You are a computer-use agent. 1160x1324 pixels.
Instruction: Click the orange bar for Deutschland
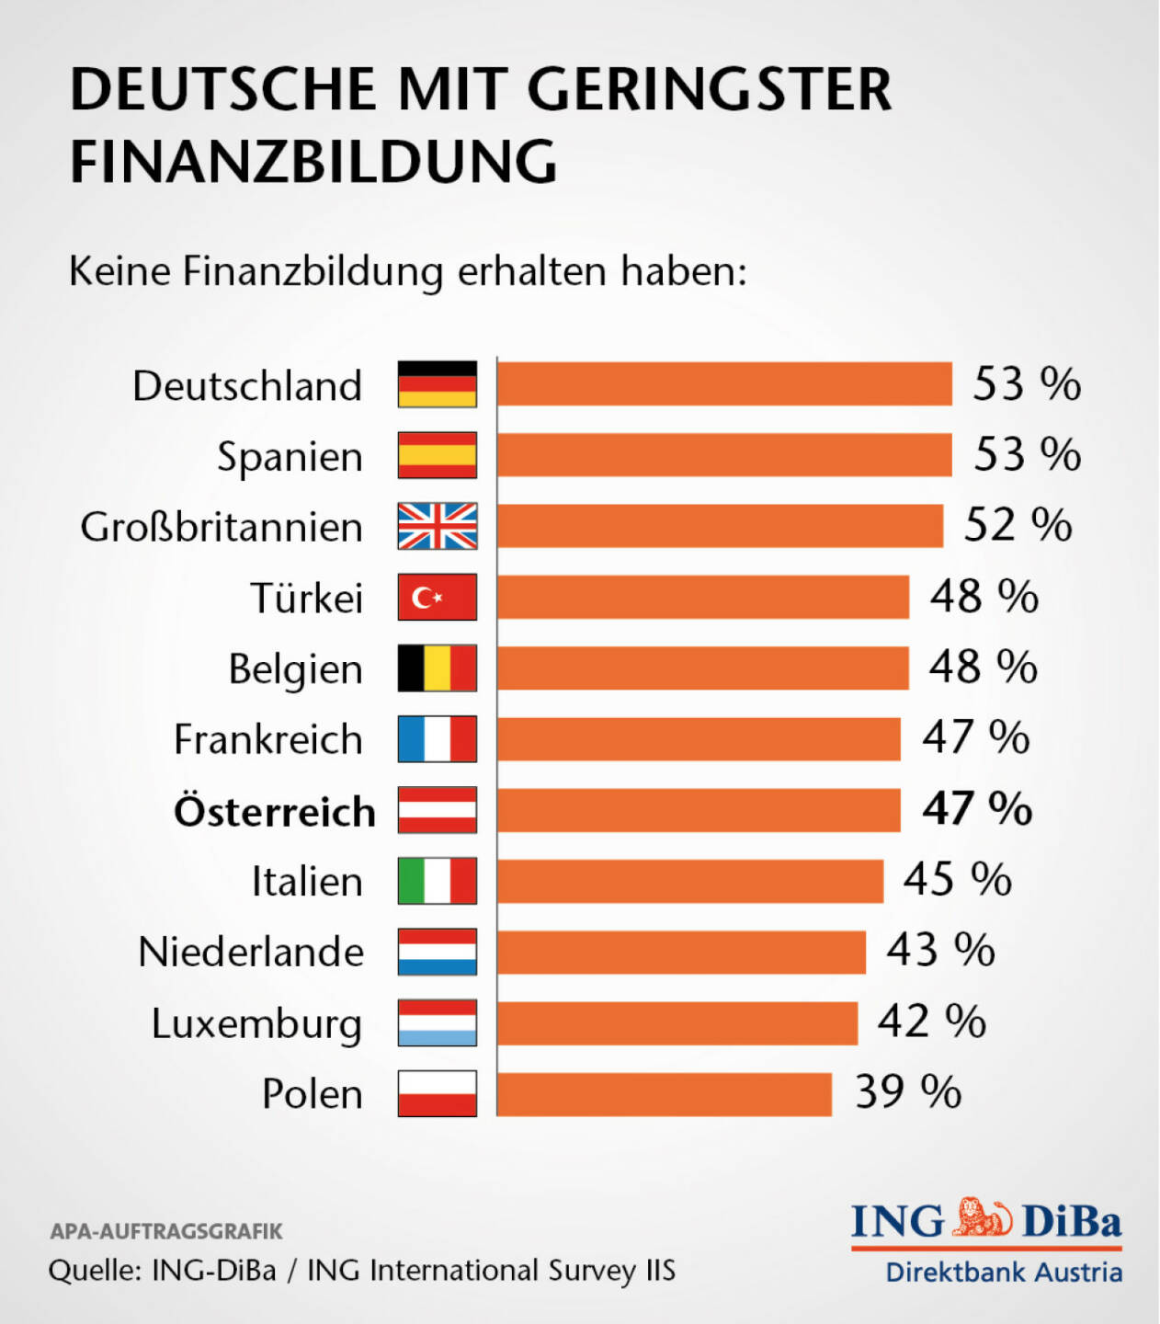click(x=724, y=384)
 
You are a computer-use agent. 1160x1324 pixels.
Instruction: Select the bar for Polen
click(x=664, y=1094)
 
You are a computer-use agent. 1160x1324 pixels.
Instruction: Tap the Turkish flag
click(x=438, y=598)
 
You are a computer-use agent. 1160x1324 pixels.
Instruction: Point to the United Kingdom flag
click(x=438, y=527)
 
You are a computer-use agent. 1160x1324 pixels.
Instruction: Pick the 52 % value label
click(x=1018, y=526)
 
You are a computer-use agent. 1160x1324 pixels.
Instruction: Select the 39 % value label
click(x=908, y=1092)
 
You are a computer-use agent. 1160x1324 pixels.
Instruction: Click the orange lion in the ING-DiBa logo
click(x=983, y=1218)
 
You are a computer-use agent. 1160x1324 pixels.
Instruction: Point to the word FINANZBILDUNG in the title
click(x=313, y=163)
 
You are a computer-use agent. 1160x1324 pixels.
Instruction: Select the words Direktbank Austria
click(x=1004, y=1273)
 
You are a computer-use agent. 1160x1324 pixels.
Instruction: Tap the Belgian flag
click(x=438, y=668)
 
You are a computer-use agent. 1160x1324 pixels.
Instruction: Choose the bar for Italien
click(x=689, y=882)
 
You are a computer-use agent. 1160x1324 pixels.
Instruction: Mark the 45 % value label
click(x=957, y=880)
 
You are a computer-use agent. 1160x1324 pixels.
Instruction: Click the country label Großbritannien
click(x=222, y=528)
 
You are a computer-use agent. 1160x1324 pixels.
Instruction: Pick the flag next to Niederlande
click(x=438, y=952)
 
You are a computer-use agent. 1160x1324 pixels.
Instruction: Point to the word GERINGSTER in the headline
click(x=709, y=90)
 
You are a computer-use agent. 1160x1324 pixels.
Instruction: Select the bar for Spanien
click(x=724, y=455)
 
